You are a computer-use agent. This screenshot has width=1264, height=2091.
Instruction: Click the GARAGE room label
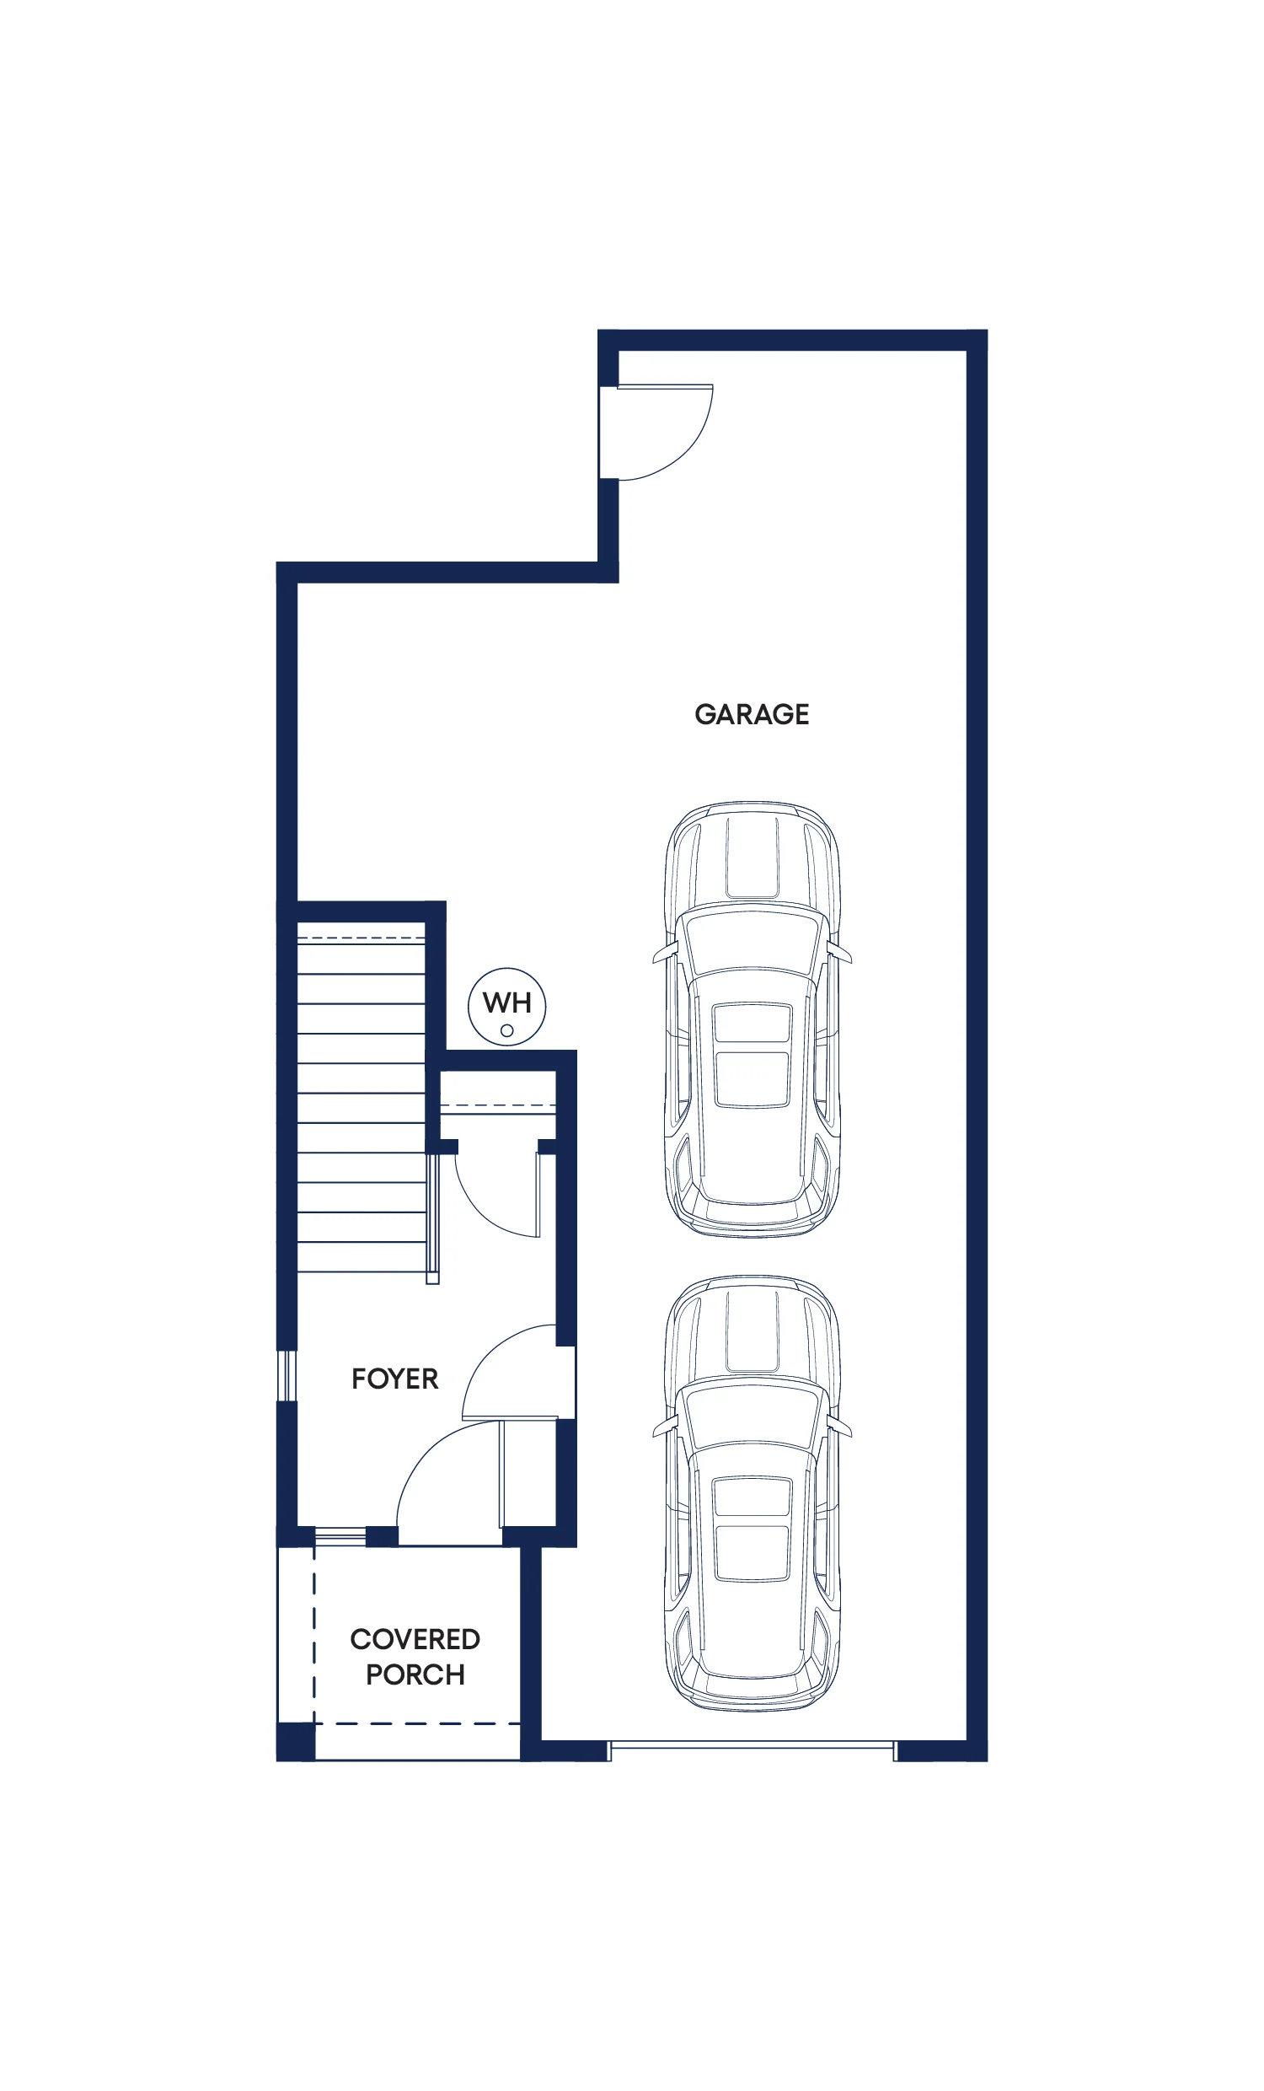click(752, 714)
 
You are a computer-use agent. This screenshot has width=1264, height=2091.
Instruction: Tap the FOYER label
click(395, 1379)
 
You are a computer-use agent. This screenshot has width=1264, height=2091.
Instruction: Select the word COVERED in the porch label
click(415, 1639)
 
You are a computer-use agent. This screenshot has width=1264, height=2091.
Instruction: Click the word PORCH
click(415, 1674)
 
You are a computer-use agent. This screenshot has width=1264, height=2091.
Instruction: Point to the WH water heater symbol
click(507, 1007)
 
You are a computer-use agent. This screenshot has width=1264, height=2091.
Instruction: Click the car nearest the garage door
click(753, 1493)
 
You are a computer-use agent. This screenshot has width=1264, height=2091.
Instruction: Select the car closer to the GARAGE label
click(753, 1019)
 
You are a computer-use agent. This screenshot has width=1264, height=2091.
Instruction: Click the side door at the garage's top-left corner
click(656, 432)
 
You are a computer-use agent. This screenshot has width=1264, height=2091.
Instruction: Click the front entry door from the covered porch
click(450, 1484)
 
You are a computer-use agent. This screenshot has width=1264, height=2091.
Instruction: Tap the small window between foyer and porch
click(340, 1535)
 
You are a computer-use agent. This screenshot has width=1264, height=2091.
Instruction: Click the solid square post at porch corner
click(296, 1741)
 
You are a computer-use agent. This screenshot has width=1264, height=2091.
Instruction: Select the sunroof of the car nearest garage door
click(753, 1529)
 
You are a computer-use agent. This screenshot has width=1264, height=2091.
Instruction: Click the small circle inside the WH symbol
click(507, 1031)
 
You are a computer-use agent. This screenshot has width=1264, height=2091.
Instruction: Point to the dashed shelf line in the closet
click(498, 1105)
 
